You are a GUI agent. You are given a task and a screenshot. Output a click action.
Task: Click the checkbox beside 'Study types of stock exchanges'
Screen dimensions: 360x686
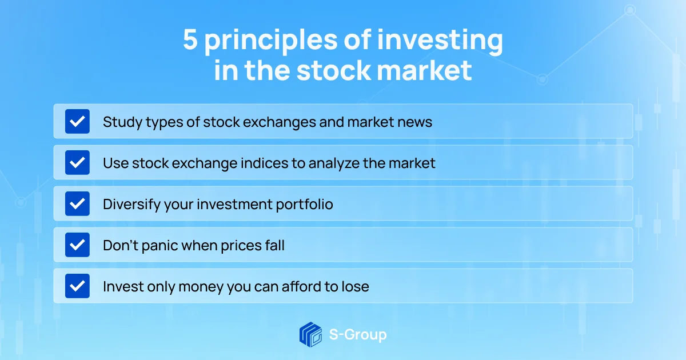(77, 122)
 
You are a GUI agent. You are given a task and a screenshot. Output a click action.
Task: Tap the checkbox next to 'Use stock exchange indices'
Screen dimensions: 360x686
(77, 163)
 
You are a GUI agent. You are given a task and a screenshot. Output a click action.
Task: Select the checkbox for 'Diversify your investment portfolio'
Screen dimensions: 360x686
(77, 204)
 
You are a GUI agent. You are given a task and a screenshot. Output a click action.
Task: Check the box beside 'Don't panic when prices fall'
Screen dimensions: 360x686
(77, 245)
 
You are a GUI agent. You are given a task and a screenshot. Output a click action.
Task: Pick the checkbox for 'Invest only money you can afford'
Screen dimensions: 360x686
(77, 286)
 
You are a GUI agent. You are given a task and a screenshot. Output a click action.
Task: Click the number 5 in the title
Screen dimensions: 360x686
(190, 42)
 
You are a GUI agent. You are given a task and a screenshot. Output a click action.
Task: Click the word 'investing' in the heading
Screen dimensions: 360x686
(441, 42)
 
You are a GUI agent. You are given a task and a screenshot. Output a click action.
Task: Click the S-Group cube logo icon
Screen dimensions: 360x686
(310, 334)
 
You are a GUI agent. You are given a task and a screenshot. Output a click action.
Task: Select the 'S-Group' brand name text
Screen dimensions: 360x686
(358, 334)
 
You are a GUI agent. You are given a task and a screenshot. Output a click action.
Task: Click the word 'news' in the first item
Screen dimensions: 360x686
(415, 122)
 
